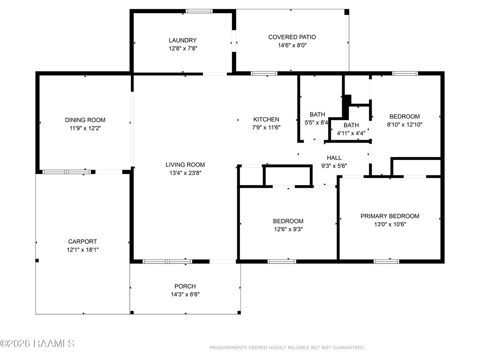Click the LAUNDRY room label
(x=182, y=40)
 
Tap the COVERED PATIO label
(x=292, y=37)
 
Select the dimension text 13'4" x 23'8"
(x=185, y=173)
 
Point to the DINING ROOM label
(x=85, y=120)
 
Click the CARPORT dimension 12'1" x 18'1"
(x=82, y=250)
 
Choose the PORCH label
(x=185, y=286)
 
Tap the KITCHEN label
(x=266, y=120)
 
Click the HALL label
(x=334, y=157)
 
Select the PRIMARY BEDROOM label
(x=390, y=216)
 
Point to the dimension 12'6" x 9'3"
(x=288, y=229)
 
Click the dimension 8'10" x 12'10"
(x=405, y=125)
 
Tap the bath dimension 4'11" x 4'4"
(x=351, y=134)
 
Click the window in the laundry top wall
(x=199, y=11)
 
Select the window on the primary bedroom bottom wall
(x=386, y=262)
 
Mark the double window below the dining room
(x=67, y=172)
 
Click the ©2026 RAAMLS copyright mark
(x=37, y=344)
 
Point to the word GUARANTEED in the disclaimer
(x=348, y=348)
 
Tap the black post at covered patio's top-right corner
(x=347, y=12)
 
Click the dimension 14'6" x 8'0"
(x=292, y=45)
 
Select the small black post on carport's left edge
(x=37, y=261)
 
